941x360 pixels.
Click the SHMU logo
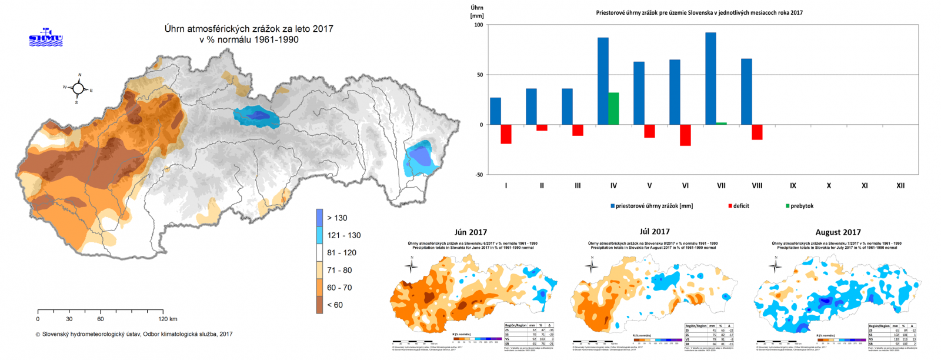pos(45,37)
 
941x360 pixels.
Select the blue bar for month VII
pos(710,78)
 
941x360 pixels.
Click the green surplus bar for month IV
pos(613,108)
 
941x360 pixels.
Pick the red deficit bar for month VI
pos(685,135)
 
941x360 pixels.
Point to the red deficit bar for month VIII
pos(757,132)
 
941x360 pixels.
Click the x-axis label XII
pos(900,186)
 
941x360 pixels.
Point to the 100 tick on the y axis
pos(478,25)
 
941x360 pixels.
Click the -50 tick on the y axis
pos(478,175)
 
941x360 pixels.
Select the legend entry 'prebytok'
pos(802,206)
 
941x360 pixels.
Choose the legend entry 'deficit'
pos(741,206)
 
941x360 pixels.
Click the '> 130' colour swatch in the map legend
pos(319,218)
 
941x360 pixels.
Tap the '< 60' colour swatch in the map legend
pos(319,305)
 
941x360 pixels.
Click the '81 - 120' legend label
pos(342,253)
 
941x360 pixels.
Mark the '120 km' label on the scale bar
pos(168,319)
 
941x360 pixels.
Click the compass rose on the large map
pos(78,89)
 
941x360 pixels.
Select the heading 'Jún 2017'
pos(470,232)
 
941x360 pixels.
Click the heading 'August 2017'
pos(838,232)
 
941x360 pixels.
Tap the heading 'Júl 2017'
pos(655,232)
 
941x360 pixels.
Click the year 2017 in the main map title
pos(323,28)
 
